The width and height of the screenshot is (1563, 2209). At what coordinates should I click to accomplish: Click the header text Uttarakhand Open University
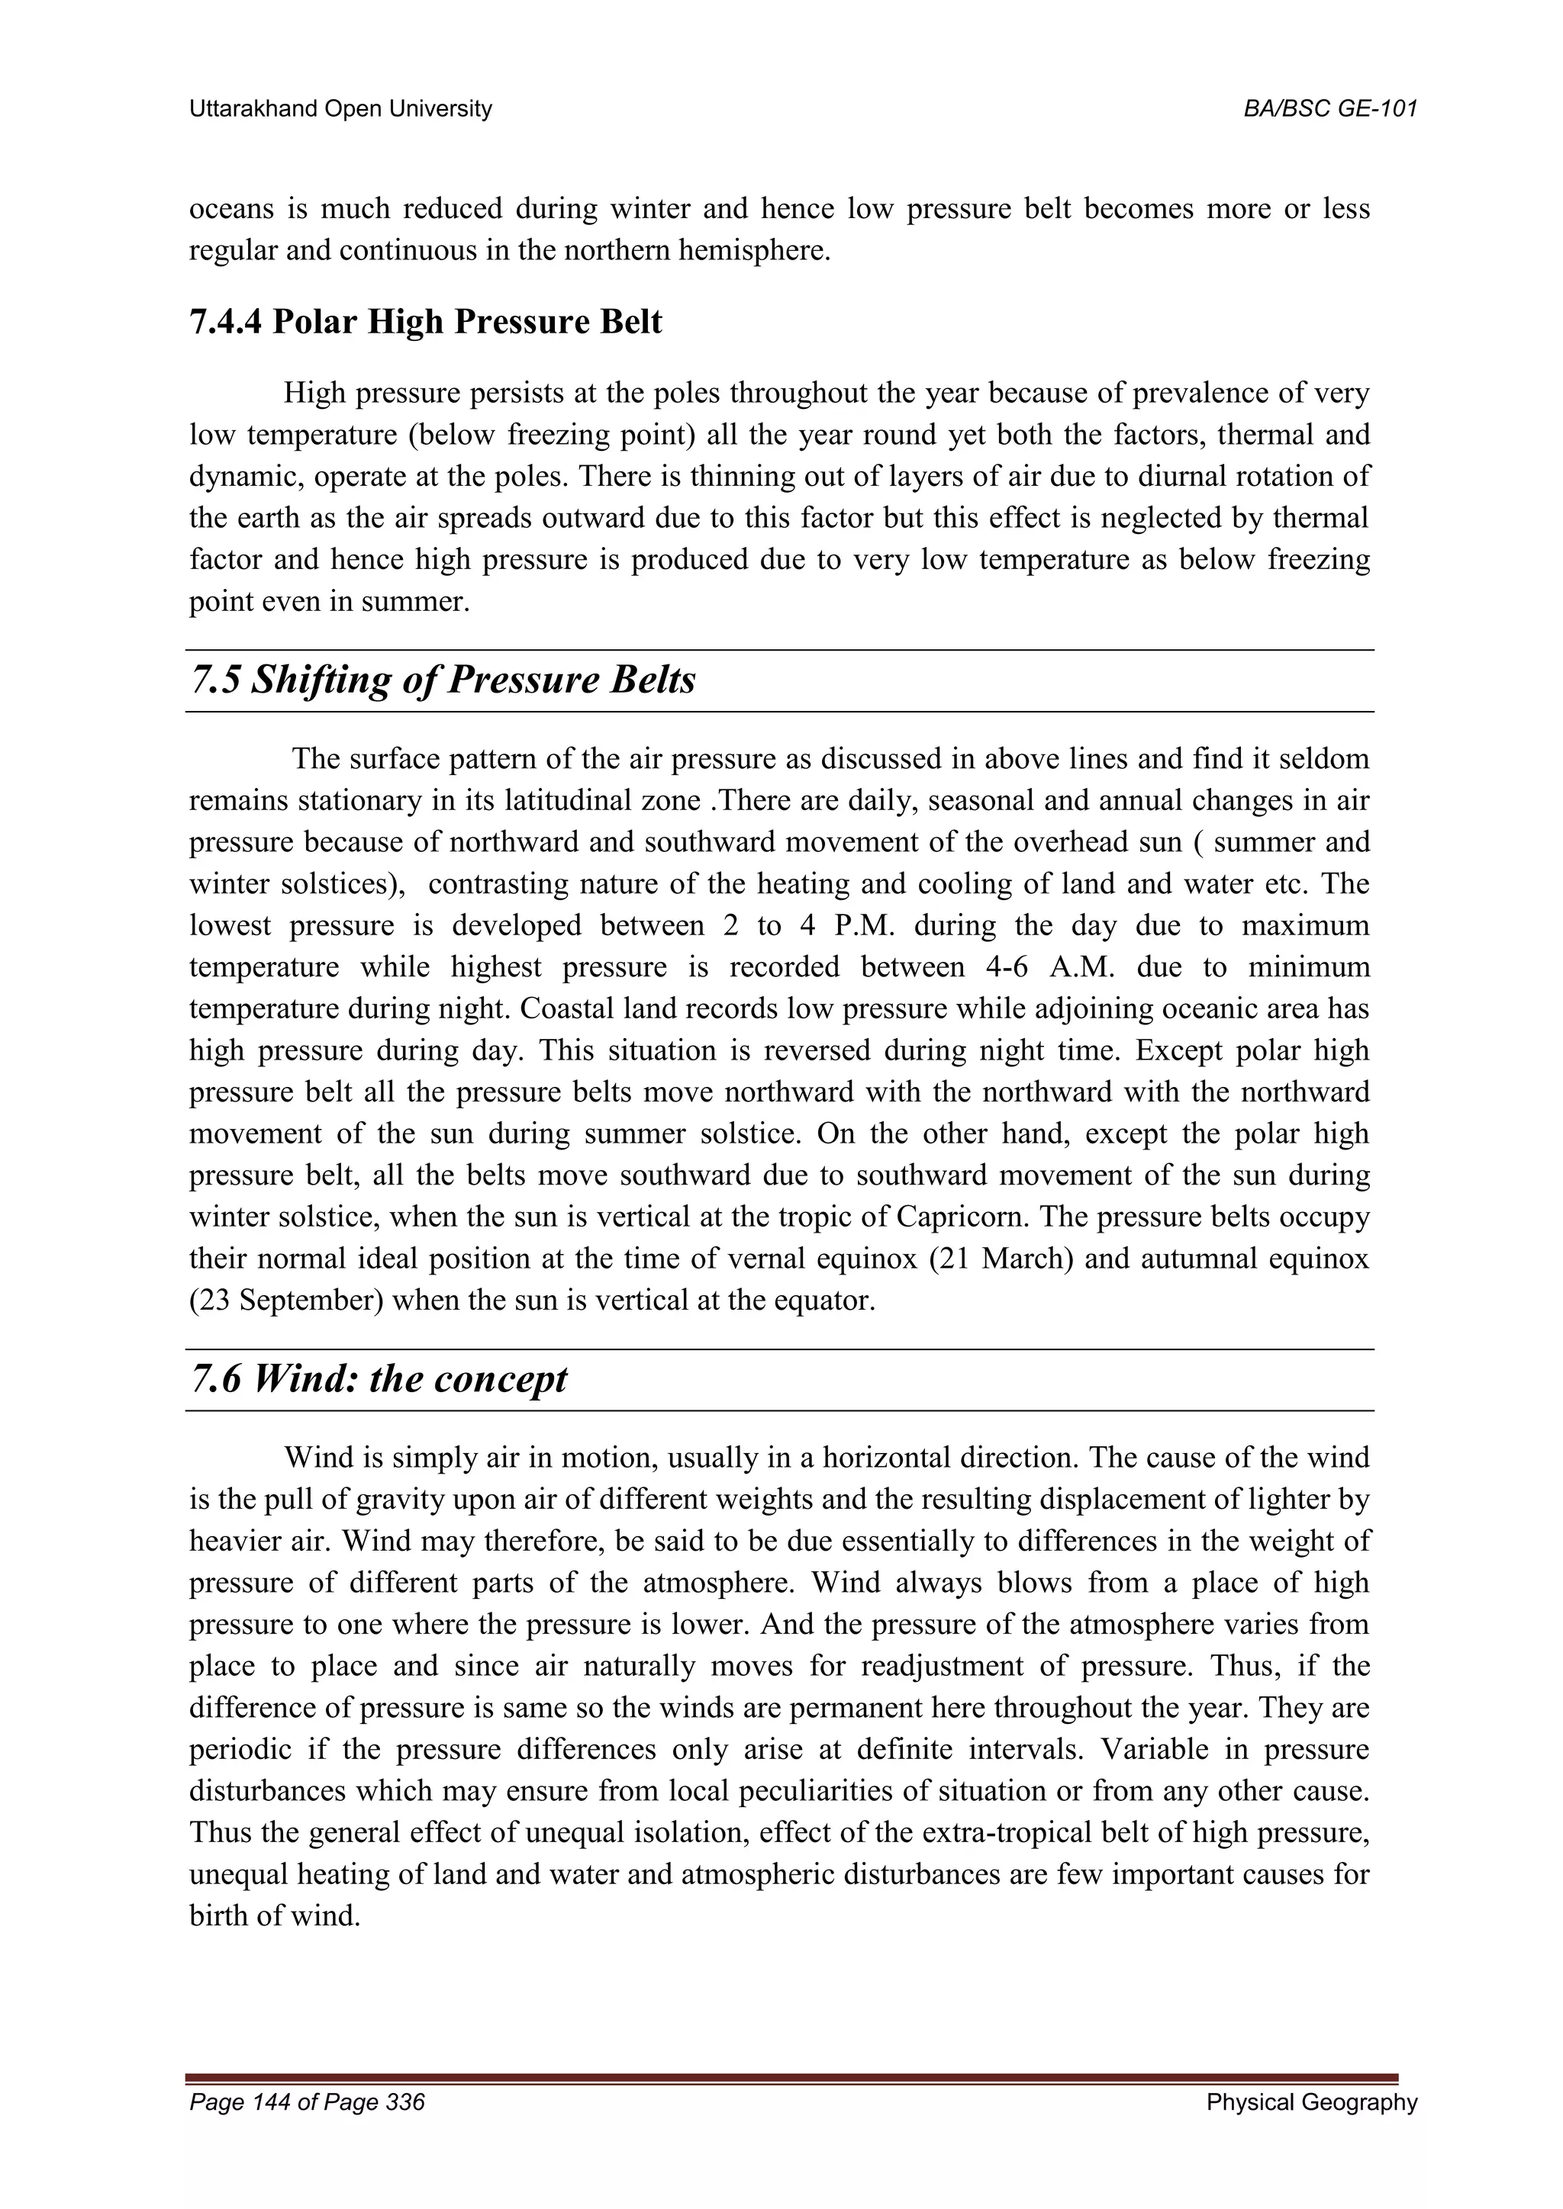pyautogui.click(x=340, y=110)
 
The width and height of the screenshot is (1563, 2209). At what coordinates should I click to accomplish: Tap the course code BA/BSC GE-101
pyautogui.click(x=1330, y=110)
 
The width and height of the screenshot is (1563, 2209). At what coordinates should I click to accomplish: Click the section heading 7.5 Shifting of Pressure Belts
pyautogui.click(x=443, y=680)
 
